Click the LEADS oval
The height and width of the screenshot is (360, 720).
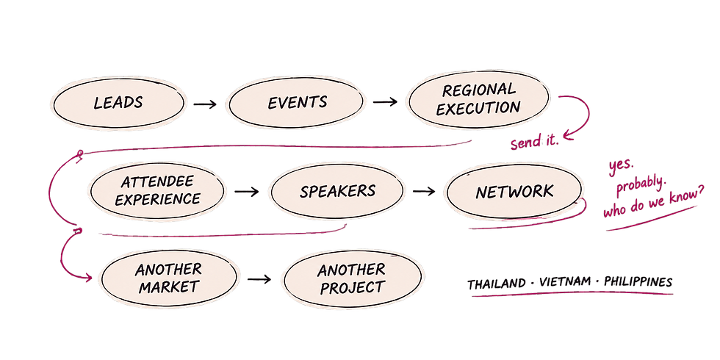pyautogui.click(x=119, y=103)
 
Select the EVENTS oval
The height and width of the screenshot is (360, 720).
pyautogui.click(x=297, y=102)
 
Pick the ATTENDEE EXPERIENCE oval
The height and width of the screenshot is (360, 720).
pyautogui.click(x=157, y=190)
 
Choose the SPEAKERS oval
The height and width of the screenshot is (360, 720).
pyautogui.click(x=337, y=191)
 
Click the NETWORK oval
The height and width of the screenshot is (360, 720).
pyautogui.click(x=514, y=191)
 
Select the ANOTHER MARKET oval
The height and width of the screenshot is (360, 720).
pyautogui.click(x=168, y=278)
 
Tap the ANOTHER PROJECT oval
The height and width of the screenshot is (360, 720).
pyautogui.click(x=352, y=278)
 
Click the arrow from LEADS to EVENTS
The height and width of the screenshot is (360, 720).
pyautogui.click(x=205, y=104)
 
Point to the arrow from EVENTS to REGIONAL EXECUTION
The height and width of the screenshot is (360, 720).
pyautogui.click(x=385, y=101)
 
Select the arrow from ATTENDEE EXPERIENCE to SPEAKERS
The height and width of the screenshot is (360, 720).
pyautogui.click(x=247, y=192)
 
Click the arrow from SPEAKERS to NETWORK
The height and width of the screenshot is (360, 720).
pyautogui.click(x=424, y=191)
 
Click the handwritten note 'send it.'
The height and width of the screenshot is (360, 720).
pyautogui.click(x=535, y=143)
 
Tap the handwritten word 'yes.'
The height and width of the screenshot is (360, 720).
pyautogui.click(x=621, y=166)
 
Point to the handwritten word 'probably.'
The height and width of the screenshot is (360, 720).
pyautogui.click(x=641, y=184)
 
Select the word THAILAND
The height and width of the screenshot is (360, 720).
pyautogui.click(x=497, y=284)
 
